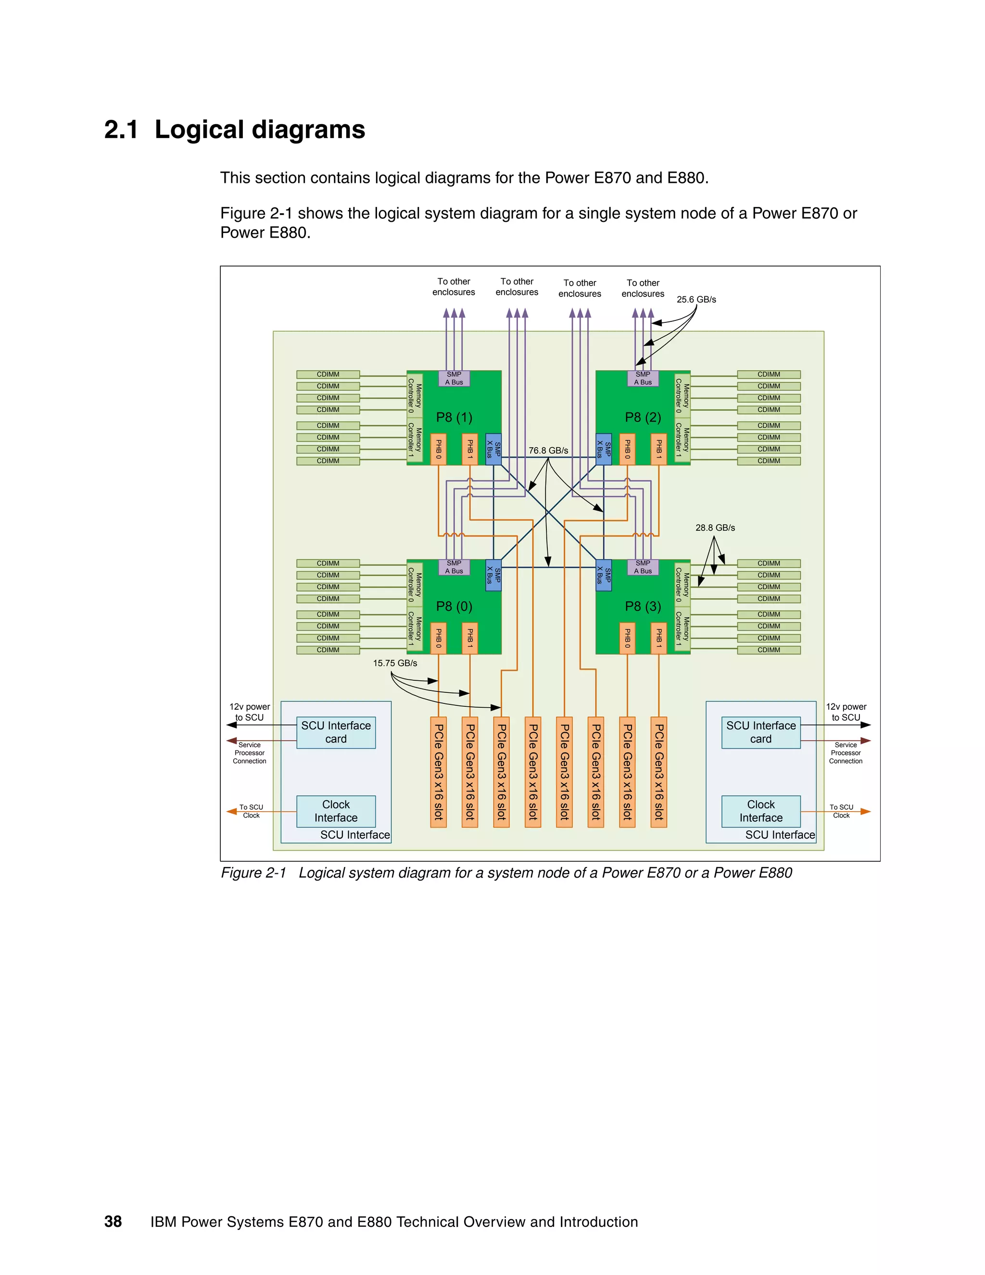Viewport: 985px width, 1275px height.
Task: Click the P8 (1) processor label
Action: pos(454,418)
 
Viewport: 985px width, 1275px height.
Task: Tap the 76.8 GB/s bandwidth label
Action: pos(548,451)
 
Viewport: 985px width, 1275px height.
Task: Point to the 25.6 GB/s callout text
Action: pos(696,299)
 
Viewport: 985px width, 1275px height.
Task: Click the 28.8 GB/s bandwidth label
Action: pos(715,528)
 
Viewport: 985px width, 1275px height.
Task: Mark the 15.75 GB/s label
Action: pos(395,663)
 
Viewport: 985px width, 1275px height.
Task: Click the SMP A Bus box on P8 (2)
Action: pos(643,378)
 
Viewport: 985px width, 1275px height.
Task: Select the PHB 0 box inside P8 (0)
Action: pos(438,638)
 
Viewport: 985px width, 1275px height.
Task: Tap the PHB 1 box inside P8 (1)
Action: pos(470,449)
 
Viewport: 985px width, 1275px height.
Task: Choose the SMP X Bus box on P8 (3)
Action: pos(604,575)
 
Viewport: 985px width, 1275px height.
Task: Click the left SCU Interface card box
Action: pos(336,732)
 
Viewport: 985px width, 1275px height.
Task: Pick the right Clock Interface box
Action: pos(761,811)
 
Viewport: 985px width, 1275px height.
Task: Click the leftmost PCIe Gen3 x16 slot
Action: pos(438,772)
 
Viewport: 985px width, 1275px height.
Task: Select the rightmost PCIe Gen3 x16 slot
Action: pos(659,772)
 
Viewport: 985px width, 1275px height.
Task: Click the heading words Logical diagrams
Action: pos(260,129)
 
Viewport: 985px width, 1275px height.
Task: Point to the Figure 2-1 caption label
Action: pos(253,873)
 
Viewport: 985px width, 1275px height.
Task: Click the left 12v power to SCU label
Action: pos(250,712)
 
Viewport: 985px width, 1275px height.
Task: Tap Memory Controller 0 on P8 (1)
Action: pos(414,395)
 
